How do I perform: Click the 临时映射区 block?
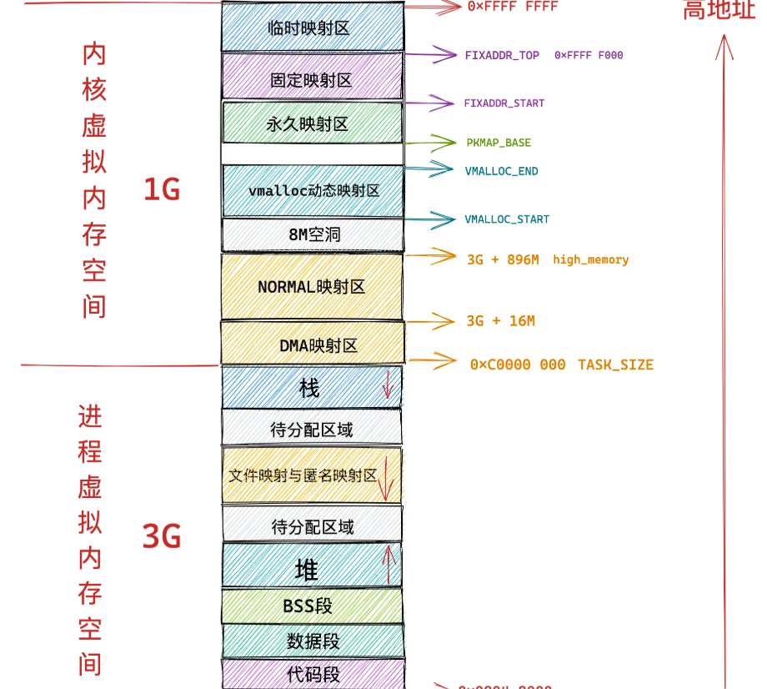point(312,28)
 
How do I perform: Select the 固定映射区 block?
point(312,79)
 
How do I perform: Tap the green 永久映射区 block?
point(312,123)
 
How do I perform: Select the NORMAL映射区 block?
point(312,286)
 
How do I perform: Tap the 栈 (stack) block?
point(311,388)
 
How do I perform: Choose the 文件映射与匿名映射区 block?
point(311,475)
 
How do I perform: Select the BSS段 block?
point(310,606)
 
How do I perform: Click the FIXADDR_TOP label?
point(502,56)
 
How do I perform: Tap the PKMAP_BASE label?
point(499,143)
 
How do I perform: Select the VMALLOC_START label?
point(507,219)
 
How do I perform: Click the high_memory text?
point(590,259)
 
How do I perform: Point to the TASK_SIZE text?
point(615,365)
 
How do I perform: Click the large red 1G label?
point(162,190)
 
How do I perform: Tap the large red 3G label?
point(162,536)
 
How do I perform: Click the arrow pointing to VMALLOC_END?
point(431,169)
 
